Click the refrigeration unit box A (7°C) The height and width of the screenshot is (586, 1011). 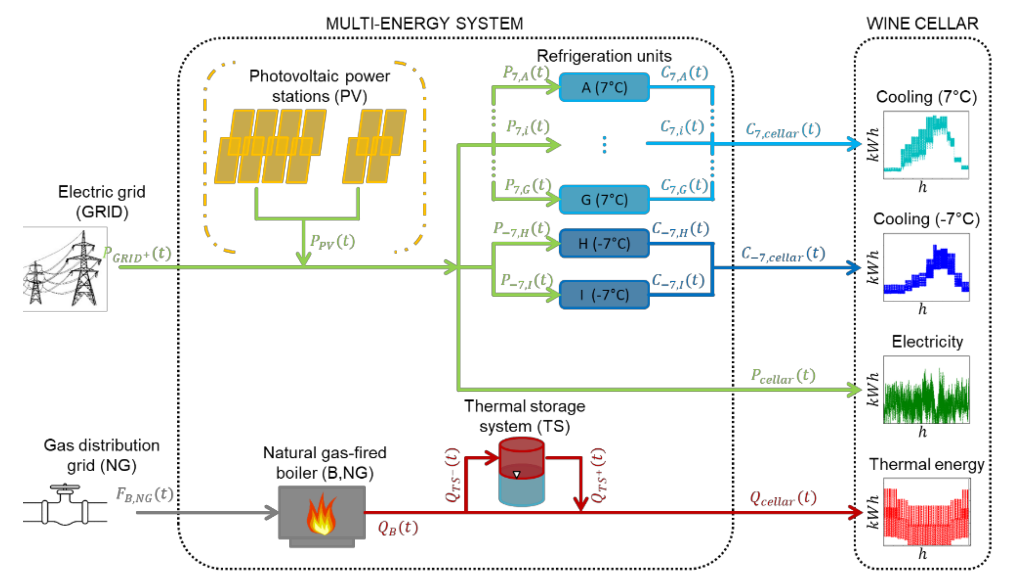(x=604, y=87)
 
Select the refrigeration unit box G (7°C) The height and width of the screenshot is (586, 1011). (x=604, y=199)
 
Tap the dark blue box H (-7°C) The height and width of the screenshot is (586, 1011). (x=604, y=243)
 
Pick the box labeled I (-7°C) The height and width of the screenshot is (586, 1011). (x=604, y=295)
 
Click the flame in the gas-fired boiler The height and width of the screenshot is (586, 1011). (x=321, y=515)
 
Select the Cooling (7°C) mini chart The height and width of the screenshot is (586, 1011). (x=926, y=145)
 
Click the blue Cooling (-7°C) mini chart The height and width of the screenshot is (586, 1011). (x=926, y=267)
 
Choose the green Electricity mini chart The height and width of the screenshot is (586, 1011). (x=926, y=390)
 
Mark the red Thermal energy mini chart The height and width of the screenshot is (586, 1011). (x=926, y=512)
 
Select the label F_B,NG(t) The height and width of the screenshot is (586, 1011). (x=145, y=495)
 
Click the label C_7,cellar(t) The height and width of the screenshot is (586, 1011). (x=783, y=131)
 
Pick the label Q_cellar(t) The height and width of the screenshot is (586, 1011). (x=783, y=499)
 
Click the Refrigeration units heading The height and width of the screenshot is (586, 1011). (x=604, y=56)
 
